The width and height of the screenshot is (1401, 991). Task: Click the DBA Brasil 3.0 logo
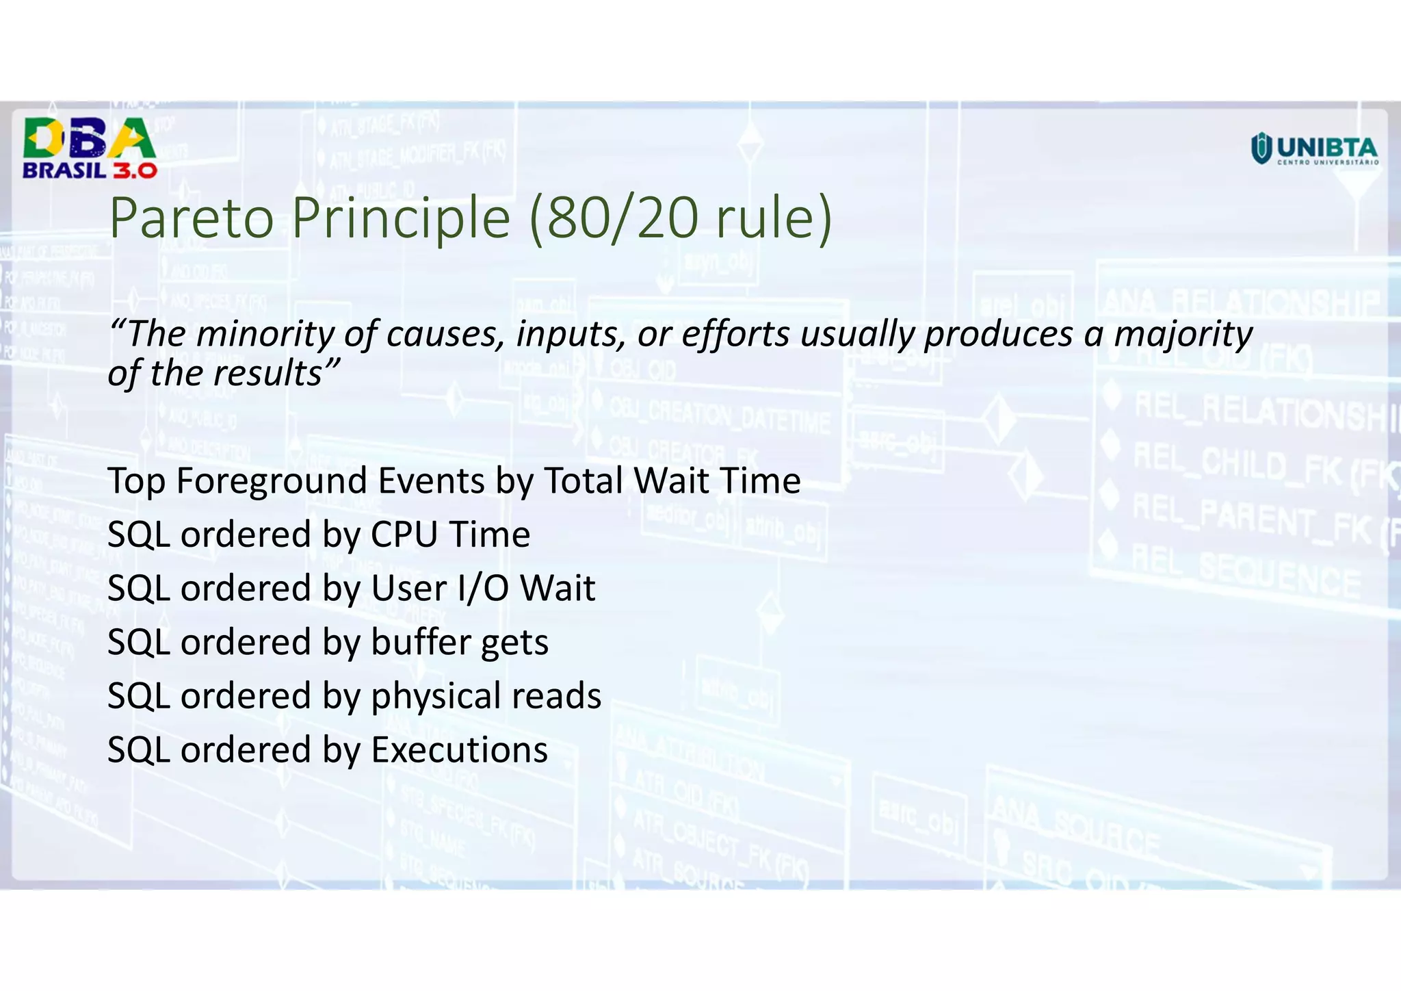point(90,148)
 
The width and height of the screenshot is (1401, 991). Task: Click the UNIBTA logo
point(1314,149)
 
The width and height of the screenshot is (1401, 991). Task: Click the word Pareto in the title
point(192,218)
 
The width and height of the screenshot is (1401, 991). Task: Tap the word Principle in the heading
point(402,218)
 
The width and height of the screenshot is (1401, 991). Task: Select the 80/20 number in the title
point(623,218)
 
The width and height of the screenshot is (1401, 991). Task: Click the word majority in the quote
point(1183,335)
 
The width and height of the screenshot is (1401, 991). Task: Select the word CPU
point(404,535)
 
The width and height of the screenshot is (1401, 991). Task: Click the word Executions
point(459,750)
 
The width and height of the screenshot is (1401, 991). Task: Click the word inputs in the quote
point(570,335)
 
